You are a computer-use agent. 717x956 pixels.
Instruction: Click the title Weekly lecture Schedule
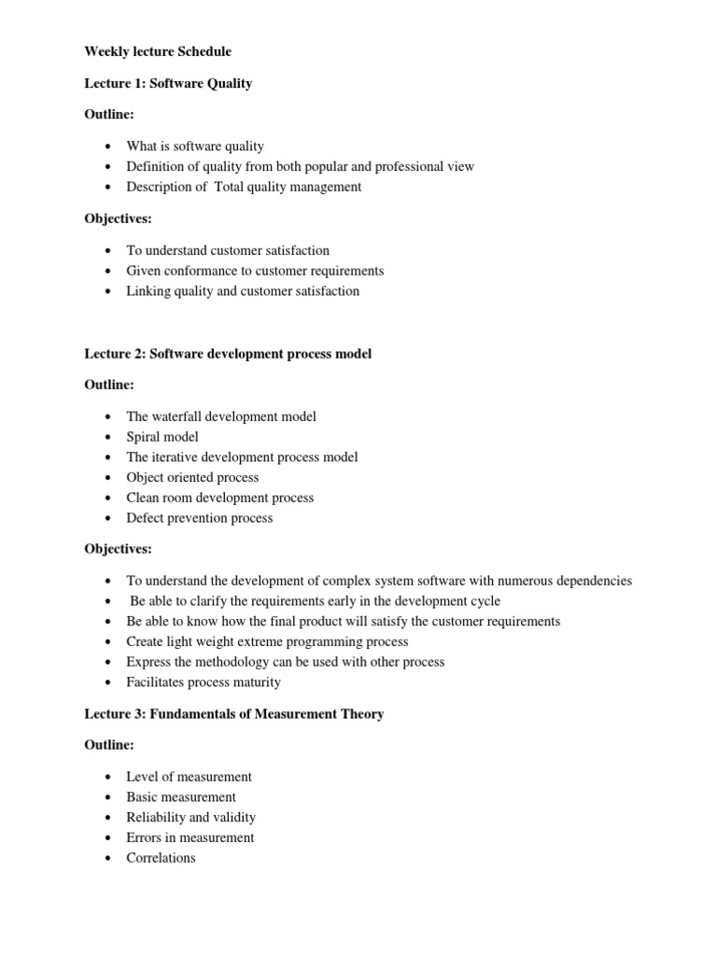pyautogui.click(x=158, y=51)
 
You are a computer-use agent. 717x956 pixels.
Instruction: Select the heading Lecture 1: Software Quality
pyautogui.click(x=168, y=83)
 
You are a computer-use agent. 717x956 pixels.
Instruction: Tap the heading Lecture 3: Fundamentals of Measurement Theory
pyautogui.click(x=233, y=714)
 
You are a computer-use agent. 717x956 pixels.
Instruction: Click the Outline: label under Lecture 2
pyautogui.click(x=109, y=385)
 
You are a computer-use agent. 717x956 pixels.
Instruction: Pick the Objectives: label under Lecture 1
pyautogui.click(x=118, y=218)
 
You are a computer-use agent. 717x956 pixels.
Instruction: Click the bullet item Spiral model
pyautogui.click(x=162, y=437)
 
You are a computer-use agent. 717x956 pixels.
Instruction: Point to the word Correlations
pyautogui.click(x=161, y=858)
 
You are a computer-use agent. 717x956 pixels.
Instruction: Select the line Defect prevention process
pyautogui.click(x=199, y=518)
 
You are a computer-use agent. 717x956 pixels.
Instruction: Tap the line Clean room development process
pyautogui.click(x=219, y=498)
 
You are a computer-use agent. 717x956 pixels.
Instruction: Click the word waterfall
pyautogui.click(x=180, y=416)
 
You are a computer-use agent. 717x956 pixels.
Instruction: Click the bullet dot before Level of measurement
pyautogui.click(x=108, y=777)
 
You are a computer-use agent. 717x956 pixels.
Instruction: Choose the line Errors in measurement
pyautogui.click(x=190, y=837)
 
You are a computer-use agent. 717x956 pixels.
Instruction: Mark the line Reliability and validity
pyautogui.click(x=190, y=817)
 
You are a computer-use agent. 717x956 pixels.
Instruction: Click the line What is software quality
pyautogui.click(x=195, y=146)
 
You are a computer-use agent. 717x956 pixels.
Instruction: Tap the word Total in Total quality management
pyautogui.click(x=231, y=187)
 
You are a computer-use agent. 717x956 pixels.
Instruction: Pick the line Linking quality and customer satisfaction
pyautogui.click(x=243, y=290)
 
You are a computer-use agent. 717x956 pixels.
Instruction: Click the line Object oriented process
pyautogui.click(x=192, y=477)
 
